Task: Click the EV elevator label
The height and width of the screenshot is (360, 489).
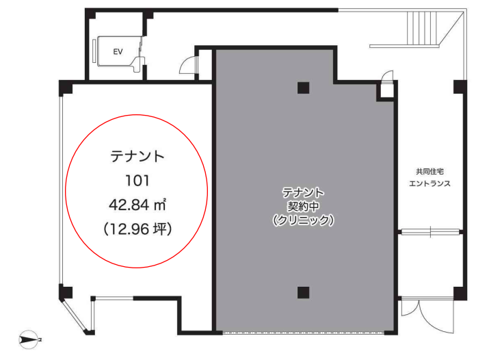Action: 118,51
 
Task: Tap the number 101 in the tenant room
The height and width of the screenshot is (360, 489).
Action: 137,181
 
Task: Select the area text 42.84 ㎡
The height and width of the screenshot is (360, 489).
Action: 137,205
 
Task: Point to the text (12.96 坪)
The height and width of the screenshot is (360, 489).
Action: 137,229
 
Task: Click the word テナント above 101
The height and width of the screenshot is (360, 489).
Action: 137,156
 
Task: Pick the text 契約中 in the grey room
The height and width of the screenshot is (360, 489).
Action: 303,206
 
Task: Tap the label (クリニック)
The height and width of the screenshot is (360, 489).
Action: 303,220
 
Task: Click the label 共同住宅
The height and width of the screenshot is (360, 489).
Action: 429,171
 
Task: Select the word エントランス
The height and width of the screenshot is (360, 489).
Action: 429,183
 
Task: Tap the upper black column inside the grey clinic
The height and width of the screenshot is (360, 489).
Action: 303,88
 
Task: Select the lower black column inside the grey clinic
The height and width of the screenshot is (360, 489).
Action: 303,293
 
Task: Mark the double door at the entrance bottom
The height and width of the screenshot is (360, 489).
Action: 427,315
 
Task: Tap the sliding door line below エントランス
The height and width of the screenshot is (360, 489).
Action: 430,232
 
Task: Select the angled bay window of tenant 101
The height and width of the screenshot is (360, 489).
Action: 75,316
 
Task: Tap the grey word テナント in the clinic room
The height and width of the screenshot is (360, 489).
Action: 303,192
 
